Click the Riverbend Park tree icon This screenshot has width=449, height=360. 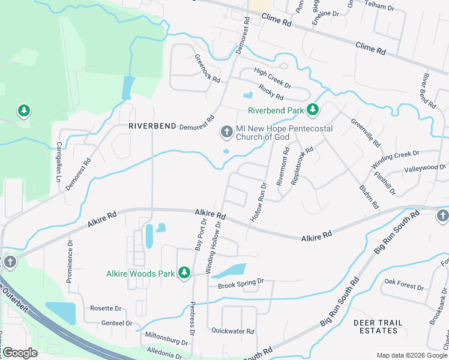[312, 110]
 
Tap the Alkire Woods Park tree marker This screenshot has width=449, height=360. [185, 274]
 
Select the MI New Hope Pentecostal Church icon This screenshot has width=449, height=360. [227, 131]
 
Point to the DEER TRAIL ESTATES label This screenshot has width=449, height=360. [378, 326]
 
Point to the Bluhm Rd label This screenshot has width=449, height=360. [369, 196]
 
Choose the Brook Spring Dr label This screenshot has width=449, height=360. [241, 282]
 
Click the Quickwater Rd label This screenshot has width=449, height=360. [233, 331]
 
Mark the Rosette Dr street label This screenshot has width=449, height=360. [106, 308]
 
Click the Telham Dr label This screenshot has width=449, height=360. [397, 8]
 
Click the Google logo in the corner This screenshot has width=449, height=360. [20, 353]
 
